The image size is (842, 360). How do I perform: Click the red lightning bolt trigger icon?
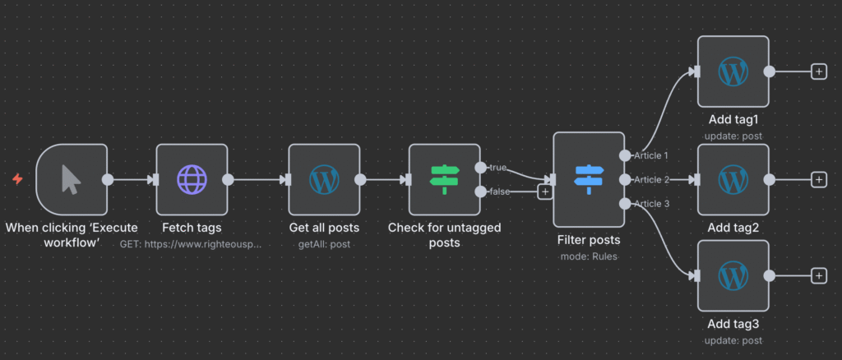click(x=17, y=178)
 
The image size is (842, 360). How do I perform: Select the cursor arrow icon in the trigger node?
click(x=72, y=179)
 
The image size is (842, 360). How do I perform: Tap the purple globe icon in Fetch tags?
click(x=192, y=179)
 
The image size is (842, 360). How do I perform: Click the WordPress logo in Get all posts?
click(x=324, y=179)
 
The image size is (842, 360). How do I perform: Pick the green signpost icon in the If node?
click(x=445, y=179)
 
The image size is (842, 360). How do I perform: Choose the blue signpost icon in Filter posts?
click(x=589, y=179)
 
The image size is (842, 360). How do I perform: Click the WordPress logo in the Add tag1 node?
click(x=733, y=72)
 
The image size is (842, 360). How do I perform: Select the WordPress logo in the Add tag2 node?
click(x=733, y=179)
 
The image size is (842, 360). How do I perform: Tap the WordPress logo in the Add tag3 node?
click(x=733, y=275)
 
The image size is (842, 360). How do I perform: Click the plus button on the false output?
click(x=544, y=192)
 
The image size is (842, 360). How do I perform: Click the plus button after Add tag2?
click(x=818, y=179)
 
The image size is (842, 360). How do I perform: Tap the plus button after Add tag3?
click(x=818, y=276)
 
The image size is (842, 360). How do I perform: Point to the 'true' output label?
click(x=497, y=168)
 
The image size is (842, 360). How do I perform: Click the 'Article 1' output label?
click(x=651, y=155)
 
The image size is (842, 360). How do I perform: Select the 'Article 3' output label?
click(x=651, y=204)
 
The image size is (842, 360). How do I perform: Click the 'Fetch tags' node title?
click(x=192, y=228)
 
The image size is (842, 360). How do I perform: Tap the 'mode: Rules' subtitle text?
click(x=589, y=256)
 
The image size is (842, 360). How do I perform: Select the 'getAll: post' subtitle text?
click(x=324, y=244)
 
